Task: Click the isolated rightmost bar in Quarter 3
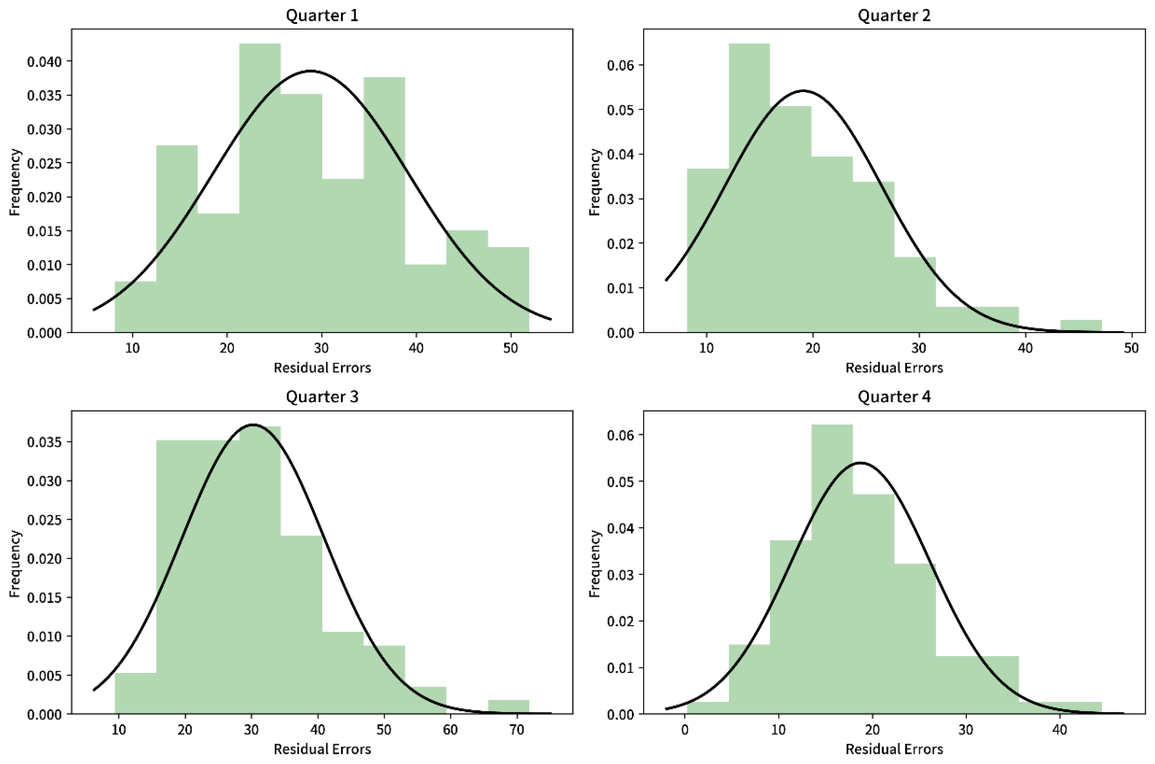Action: coord(508,707)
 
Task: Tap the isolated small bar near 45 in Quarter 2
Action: coord(1081,326)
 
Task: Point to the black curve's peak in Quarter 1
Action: coord(310,71)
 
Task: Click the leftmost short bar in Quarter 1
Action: coord(136,307)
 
